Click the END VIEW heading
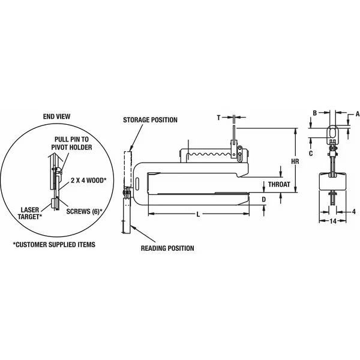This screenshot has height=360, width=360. click(x=57, y=116)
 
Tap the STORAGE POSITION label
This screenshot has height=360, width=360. click(x=150, y=120)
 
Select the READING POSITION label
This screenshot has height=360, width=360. click(x=167, y=248)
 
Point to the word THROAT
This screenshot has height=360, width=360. click(x=279, y=184)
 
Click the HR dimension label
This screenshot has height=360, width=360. click(x=295, y=161)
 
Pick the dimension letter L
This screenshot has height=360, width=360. click(x=199, y=214)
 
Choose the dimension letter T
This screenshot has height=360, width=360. click(x=218, y=118)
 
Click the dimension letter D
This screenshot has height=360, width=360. click(x=264, y=200)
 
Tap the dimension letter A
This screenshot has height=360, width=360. click(x=357, y=113)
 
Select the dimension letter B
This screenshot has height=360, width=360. click(x=315, y=113)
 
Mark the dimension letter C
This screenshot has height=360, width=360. click(x=311, y=153)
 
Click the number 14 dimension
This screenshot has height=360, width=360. click(x=333, y=221)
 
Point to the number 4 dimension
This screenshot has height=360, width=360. click(x=354, y=211)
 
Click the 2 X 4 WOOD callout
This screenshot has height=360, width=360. click(x=88, y=180)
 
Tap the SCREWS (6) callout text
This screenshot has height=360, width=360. click(x=84, y=211)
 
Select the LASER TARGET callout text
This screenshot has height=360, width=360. click(x=30, y=213)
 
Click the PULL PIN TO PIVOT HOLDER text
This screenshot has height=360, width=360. click(x=71, y=143)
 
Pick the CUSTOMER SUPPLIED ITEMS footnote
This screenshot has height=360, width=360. click(x=54, y=245)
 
